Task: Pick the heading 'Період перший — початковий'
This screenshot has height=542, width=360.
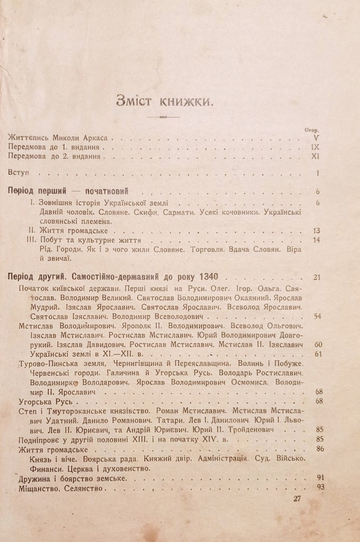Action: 69,191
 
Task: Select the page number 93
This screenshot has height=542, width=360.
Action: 320,487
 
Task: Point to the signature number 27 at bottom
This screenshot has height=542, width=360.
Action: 297,498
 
